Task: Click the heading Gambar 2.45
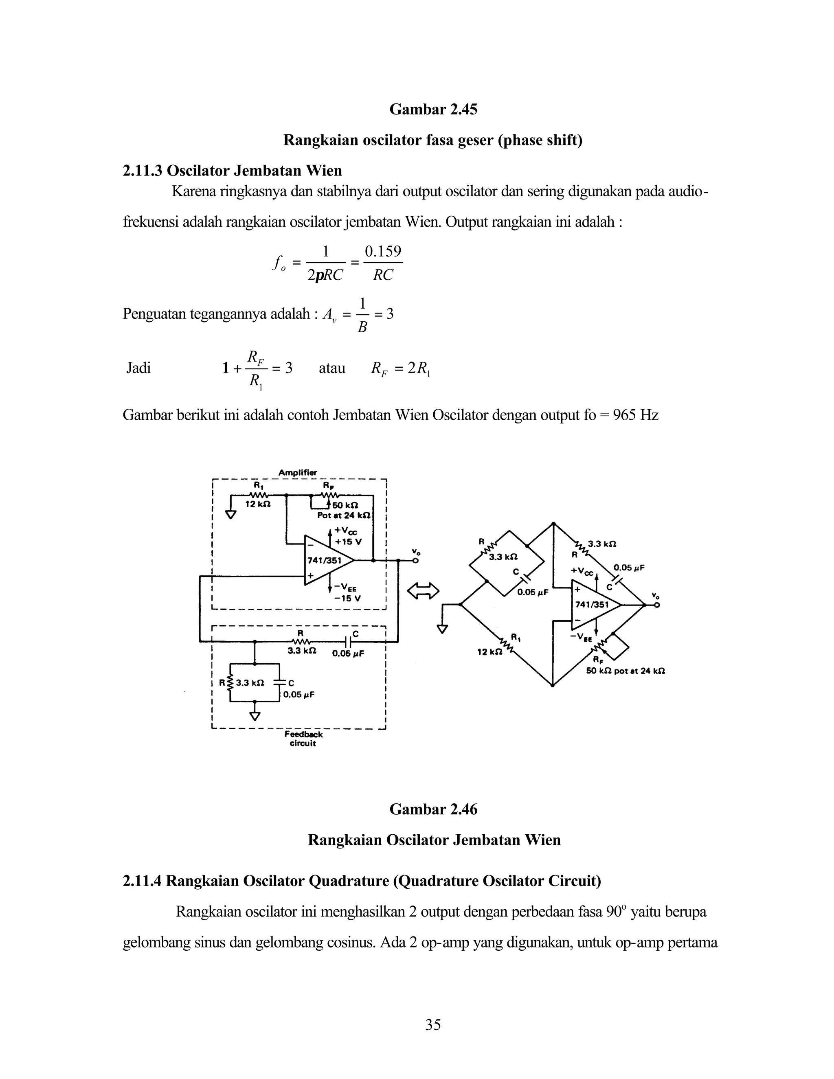pos(433,109)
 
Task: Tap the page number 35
pos(433,1025)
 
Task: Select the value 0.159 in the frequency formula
pos(383,252)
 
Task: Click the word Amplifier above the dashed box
pos(298,473)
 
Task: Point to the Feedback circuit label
pos(303,739)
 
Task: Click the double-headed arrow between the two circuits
pos(423,590)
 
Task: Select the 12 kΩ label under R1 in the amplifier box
pos(258,504)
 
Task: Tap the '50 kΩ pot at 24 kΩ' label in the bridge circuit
pos(625,671)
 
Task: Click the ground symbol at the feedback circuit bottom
pos(255,715)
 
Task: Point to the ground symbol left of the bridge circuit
pos(442,629)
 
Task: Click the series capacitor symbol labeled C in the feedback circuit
pos(349,642)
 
